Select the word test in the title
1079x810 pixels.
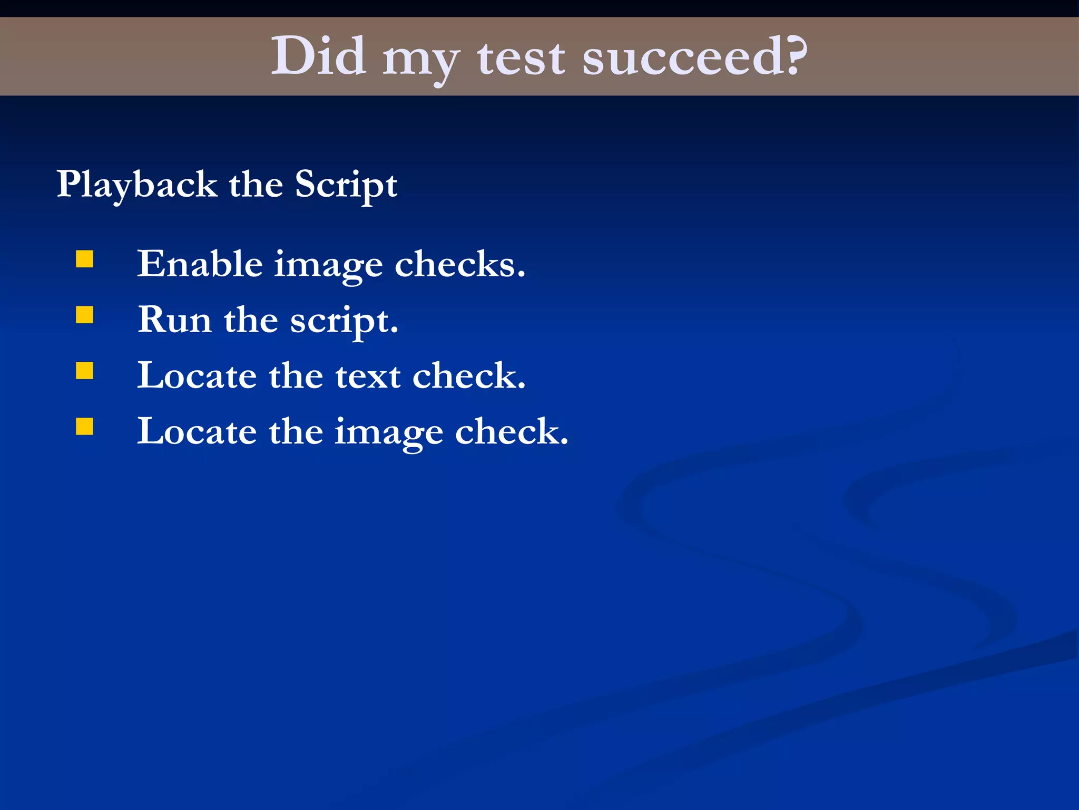pos(521,57)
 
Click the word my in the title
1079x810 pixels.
pos(420,60)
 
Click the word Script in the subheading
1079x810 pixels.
pos(346,186)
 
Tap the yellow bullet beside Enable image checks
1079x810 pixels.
pos(85,259)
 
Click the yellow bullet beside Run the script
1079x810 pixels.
pos(85,315)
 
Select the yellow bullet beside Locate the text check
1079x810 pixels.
pos(85,371)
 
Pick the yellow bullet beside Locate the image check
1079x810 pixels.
pos(85,427)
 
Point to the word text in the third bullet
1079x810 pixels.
pos(368,376)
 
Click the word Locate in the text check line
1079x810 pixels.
pos(197,376)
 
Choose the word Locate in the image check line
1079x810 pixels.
pos(197,432)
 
